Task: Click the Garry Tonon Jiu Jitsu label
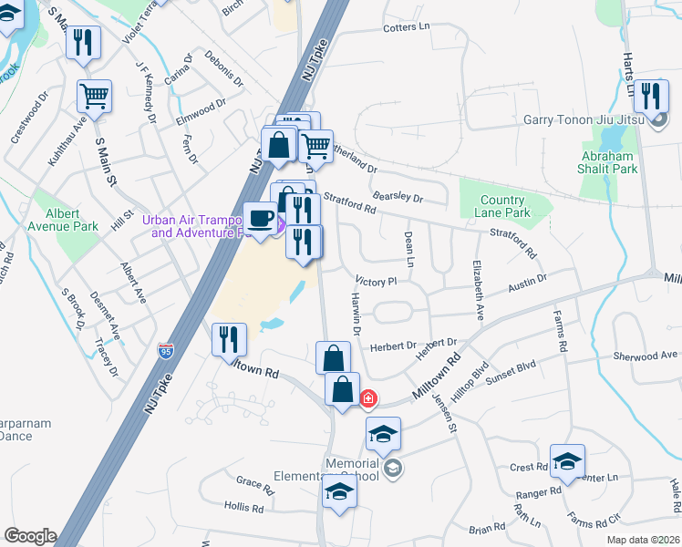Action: (x=584, y=119)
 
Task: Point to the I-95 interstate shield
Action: (x=165, y=350)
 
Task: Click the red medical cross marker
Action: (x=368, y=398)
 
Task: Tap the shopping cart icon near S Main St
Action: (x=95, y=97)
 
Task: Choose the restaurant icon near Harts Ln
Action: (x=650, y=95)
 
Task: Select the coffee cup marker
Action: (x=261, y=219)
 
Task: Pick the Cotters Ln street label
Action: (x=407, y=27)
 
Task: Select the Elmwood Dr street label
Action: (x=200, y=108)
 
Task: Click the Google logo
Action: (x=29, y=536)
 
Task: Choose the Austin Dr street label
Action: (x=528, y=283)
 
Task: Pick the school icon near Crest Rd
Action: (x=567, y=461)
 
